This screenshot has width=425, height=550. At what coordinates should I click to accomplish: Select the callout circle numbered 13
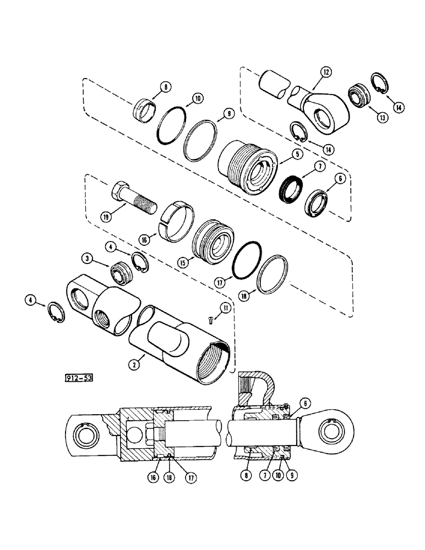(x=367, y=117)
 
